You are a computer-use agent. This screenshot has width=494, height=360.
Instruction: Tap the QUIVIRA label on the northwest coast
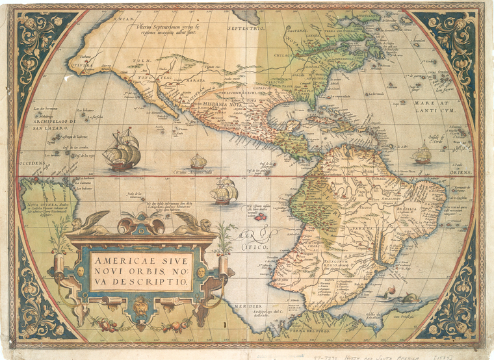[x=83, y=65]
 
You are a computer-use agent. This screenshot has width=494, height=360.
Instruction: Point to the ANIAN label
[x=123, y=20]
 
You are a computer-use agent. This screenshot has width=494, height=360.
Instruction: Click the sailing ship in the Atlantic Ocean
[x=422, y=153]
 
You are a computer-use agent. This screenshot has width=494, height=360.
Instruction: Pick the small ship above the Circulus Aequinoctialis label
[x=198, y=161]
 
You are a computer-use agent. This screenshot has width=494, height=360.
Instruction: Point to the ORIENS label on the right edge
[x=461, y=172]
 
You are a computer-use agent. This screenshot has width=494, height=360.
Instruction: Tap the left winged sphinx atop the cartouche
[x=90, y=223]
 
